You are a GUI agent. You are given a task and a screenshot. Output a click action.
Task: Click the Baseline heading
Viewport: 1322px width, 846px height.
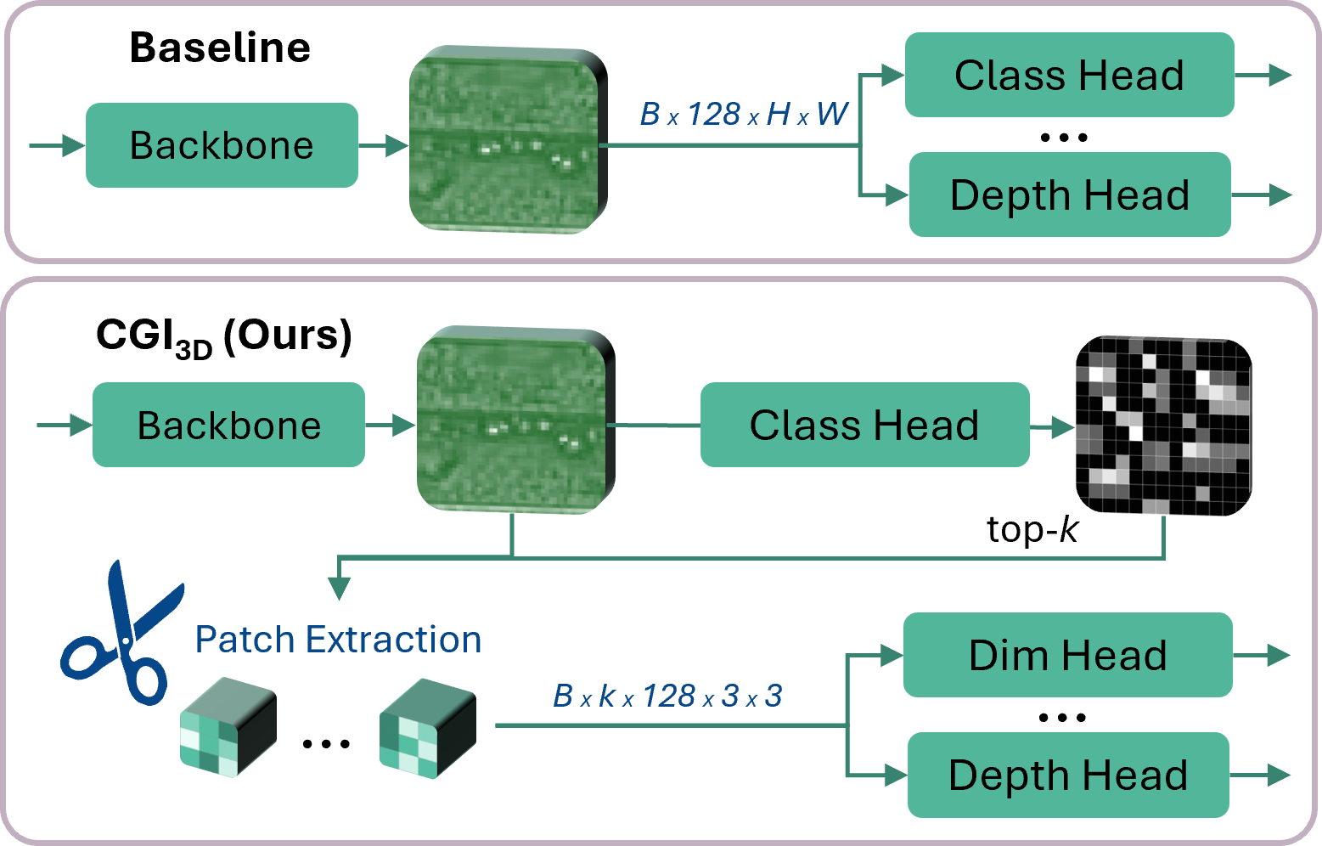(x=220, y=48)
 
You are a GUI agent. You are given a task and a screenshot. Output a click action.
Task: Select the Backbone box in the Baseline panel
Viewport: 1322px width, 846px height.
(x=222, y=145)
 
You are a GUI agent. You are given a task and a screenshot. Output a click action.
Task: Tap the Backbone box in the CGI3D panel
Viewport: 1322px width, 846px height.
(x=228, y=425)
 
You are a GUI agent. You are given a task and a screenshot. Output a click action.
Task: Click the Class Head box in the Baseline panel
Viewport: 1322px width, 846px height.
(x=1069, y=75)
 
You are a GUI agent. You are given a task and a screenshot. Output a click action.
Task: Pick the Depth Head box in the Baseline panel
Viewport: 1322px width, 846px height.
(x=1069, y=195)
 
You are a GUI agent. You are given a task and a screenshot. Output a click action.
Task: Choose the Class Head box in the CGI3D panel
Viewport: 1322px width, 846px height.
(x=864, y=425)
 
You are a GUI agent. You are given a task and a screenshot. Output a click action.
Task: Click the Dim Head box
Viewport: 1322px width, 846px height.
(x=1067, y=655)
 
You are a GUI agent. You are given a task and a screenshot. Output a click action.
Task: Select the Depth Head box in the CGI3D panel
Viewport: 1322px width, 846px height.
(x=1067, y=775)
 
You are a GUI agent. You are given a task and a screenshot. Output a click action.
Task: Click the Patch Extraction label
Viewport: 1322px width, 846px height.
(x=338, y=640)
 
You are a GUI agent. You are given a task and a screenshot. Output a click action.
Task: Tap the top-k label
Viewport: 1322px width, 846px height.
(x=1032, y=530)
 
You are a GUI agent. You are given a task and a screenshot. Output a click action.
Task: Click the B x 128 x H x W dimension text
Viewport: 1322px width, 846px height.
(x=744, y=114)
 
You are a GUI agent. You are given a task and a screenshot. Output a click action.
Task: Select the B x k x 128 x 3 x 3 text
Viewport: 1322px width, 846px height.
(x=667, y=697)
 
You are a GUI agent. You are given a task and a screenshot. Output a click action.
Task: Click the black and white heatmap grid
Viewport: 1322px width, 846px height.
(x=1163, y=425)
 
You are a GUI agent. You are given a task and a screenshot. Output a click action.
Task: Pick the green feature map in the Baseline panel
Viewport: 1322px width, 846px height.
(x=508, y=140)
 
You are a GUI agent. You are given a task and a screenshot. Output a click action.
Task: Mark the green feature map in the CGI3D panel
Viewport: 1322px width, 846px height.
(x=515, y=420)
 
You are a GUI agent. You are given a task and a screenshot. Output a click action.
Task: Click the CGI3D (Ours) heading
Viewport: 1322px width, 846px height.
(x=223, y=336)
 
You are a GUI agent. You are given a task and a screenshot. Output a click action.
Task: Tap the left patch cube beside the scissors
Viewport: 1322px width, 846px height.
(x=228, y=727)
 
